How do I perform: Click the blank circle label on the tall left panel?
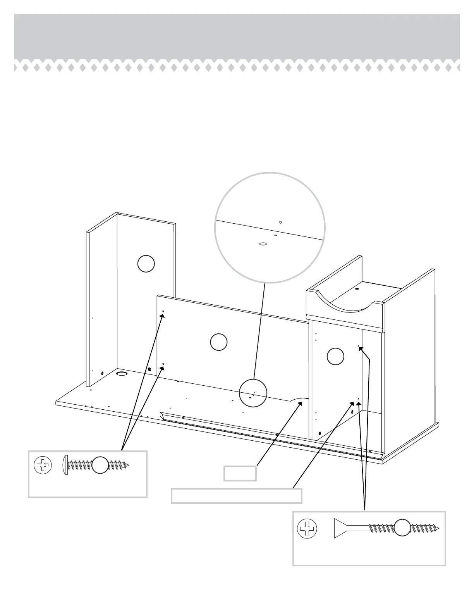[x=146, y=264]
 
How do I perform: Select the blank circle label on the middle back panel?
[x=218, y=342]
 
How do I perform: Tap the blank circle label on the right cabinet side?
[x=335, y=356]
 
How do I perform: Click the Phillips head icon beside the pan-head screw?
[x=43, y=465]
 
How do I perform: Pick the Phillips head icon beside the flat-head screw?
[x=307, y=528]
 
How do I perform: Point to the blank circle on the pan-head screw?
[x=100, y=465]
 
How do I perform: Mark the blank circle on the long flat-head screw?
[x=402, y=528]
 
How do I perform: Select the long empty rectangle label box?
[x=236, y=496]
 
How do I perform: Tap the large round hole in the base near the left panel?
[x=122, y=374]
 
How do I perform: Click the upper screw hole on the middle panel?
[x=163, y=311]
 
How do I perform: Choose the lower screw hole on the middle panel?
[x=163, y=364]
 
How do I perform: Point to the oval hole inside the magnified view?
[x=263, y=244]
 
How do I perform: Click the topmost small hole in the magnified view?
[x=280, y=222]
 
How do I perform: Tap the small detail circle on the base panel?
[x=253, y=393]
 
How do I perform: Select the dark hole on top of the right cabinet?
[x=356, y=289]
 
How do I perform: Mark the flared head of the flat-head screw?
[x=341, y=528]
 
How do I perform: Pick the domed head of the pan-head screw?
[x=65, y=465]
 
